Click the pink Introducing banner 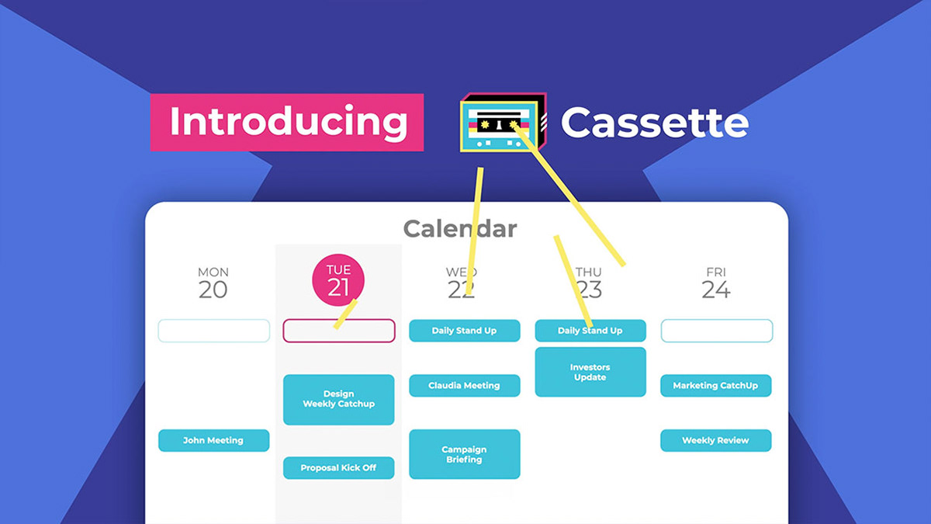coord(286,122)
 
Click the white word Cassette coord(654,123)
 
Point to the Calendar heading coord(459,228)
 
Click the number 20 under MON coord(213,290)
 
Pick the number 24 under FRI coord(716,290)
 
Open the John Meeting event coord(213,440)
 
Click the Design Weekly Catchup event coord(338,399)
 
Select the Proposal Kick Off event coord(338,468)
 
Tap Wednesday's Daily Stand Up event coord(464,331)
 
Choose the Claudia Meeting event coord(464,385)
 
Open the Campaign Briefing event coord(464,454)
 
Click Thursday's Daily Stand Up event coord(590,331)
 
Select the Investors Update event coord(590,372)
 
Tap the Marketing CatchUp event coord(715,385)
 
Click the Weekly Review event coord(715,440)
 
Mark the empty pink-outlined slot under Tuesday coord(338,331)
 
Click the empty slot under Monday coord(213,331)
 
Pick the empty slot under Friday coord(716,331)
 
